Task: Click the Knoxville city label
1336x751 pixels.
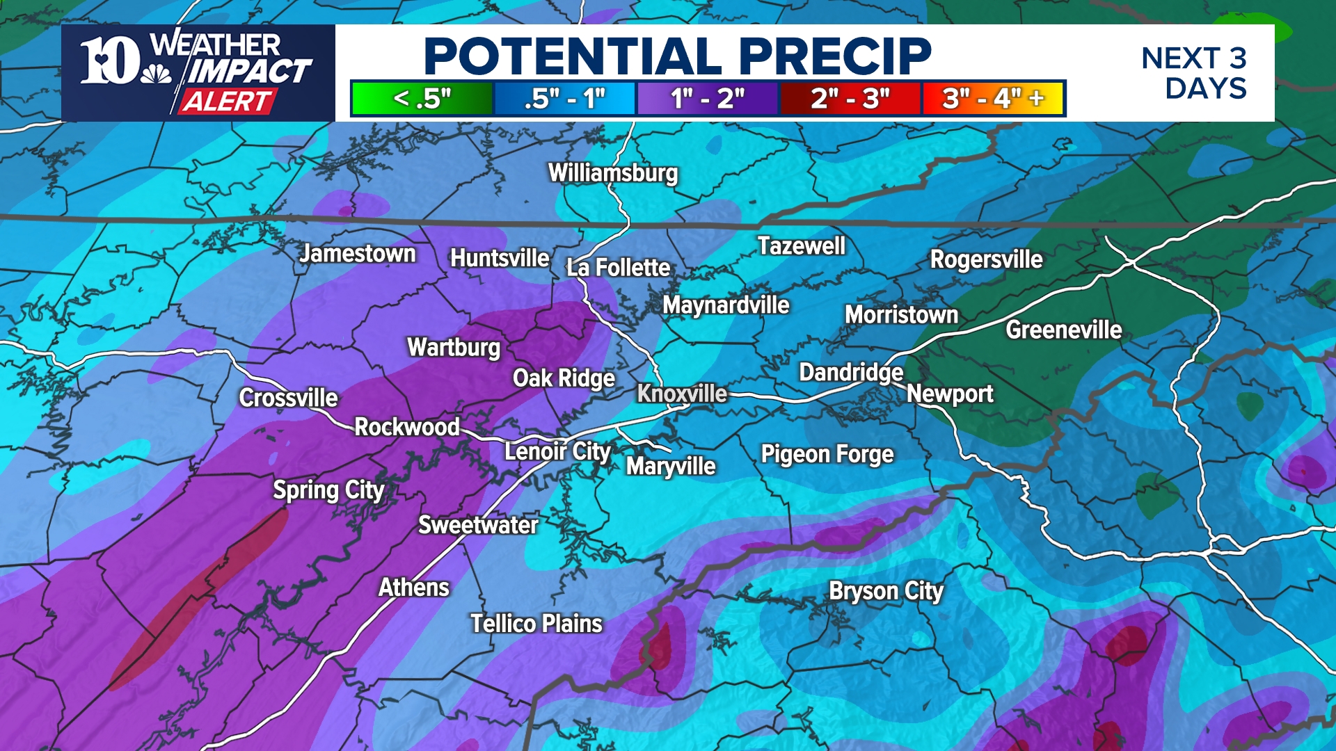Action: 682,394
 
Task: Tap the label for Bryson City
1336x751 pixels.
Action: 886,591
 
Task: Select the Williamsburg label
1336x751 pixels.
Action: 613,172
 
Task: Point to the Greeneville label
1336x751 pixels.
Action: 1063,330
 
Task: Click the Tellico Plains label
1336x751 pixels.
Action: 536,624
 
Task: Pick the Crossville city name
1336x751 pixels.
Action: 289,398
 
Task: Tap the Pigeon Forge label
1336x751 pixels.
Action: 827,454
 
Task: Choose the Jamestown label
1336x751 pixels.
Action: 358,254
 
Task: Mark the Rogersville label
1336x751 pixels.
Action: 987,259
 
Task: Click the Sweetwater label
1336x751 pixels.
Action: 478,525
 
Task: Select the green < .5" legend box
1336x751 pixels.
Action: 422,98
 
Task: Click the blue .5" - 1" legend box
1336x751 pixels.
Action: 564,98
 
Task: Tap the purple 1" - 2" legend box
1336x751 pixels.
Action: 708,98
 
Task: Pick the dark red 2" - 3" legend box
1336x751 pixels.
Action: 850,98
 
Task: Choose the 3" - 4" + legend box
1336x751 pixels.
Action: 993,98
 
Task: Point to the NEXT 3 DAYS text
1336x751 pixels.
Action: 1195,73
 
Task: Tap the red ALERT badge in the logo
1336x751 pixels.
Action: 227,102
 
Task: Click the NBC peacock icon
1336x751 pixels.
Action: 156,74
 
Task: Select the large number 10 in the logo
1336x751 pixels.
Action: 109,60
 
